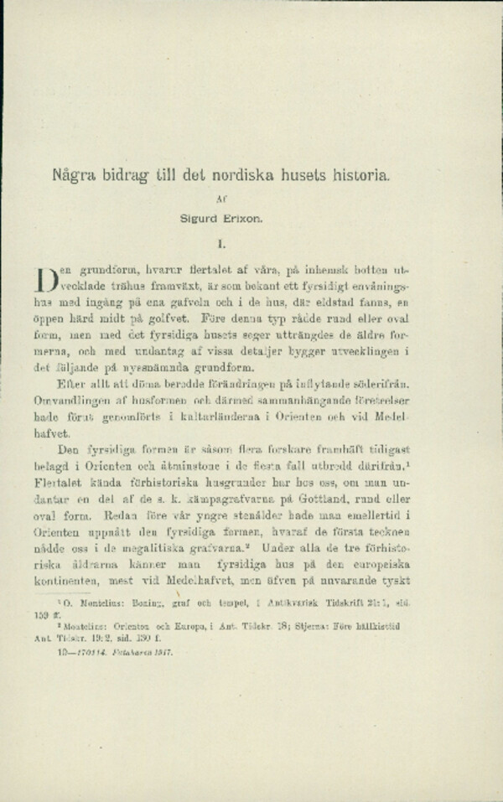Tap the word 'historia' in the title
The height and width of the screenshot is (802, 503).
pyautogui.click(x=355, y=178)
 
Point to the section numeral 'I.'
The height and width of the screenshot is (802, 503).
pyautogui.click(x=220, y=246)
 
